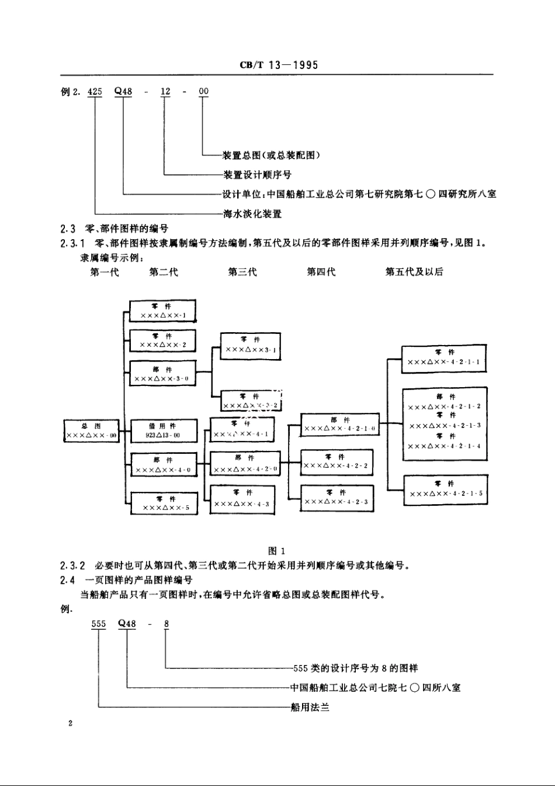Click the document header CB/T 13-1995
(279, 65)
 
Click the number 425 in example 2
(95, 91)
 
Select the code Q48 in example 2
(123, 91)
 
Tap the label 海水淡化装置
(252, 214)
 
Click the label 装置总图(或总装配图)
(272, 155)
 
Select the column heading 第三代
(242, 272)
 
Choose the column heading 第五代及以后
(414, 272)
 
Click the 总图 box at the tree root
(92, 431)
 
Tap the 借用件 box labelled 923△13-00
(163, 430)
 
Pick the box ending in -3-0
(162, 374)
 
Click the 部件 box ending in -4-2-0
(245, 463)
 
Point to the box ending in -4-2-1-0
(339, 425)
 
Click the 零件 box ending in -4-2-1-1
(444, 358)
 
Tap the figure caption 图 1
(276, 551)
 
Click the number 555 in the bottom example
(99, 624)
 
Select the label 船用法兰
(310, 708)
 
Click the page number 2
(70, 724)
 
